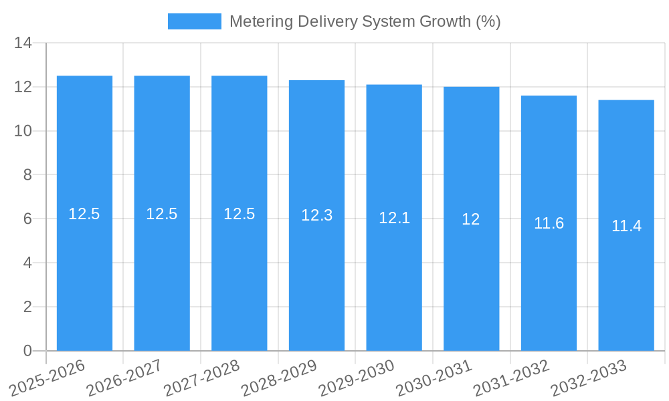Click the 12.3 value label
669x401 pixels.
pos(316,215)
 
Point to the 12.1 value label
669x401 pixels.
pos(394,218)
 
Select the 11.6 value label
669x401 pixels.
pos(549,223)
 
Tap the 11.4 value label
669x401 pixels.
pos(626,226)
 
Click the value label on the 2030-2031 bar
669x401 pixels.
pos(471,219)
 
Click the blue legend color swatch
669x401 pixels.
pos(194,21)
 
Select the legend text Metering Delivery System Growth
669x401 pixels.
pos(365,21)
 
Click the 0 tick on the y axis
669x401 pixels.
pos(27,351)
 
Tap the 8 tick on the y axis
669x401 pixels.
pos(27,175)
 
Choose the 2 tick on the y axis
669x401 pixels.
pos(27,307)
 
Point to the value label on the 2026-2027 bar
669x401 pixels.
pos(162,214)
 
